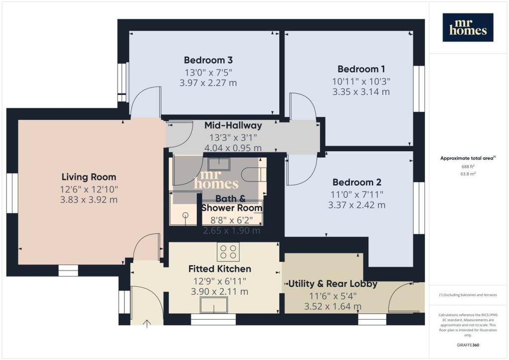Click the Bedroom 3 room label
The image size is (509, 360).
(208, 60)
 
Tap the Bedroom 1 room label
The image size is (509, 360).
(361, 69)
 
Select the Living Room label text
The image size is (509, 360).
(88, 177)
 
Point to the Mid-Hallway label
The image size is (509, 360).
(233, 125)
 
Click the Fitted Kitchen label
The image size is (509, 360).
(220, 269)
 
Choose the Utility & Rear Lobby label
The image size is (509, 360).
(333, 284)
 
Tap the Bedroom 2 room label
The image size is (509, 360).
(357, 182)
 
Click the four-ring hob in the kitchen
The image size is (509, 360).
(228, 252)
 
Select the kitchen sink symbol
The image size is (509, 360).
(214, 305)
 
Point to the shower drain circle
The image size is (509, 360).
(185, 215)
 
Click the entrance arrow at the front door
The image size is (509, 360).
(147, 324)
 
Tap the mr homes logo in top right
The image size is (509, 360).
(468, 27)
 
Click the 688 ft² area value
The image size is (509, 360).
(468, 167)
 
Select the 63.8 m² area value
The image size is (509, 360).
(468, 174)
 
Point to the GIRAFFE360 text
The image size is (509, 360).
(468, 345)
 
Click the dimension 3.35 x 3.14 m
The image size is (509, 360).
(361, 92)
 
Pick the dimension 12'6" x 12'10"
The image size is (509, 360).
(88, 189)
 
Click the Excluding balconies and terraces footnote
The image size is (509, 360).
(468, 295)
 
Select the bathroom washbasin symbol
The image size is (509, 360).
(219, 164)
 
